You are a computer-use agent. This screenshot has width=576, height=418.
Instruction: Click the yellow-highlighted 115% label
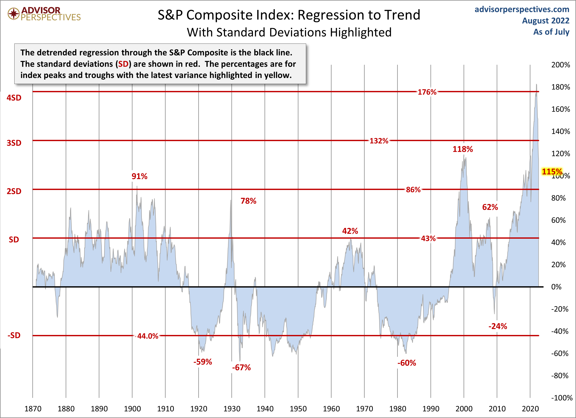click(552, 172)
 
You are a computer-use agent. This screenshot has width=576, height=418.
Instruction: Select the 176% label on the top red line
click(427, 92)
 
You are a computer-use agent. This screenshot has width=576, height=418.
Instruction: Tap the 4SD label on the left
click(14, 98)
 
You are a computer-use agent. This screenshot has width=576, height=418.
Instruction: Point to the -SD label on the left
click(14, 335)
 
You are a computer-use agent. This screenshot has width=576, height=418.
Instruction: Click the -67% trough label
click(241, 367)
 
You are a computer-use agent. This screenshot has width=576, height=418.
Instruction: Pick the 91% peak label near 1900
click(139, 176)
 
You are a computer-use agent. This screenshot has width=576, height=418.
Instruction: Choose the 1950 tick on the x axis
click(298, 409)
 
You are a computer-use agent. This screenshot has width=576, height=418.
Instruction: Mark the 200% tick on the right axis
click(561, 65)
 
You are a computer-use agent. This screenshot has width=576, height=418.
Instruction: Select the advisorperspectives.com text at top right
click(522, 9)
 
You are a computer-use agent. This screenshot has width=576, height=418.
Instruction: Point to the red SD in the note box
click(123, 64)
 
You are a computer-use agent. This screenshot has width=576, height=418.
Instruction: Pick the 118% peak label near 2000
click(462, 149)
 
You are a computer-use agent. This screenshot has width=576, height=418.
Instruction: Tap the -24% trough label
click(497, 326)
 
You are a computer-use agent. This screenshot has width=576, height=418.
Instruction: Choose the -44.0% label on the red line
click(148, 336)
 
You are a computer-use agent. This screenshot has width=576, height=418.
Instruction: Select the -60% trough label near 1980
click(407, 363)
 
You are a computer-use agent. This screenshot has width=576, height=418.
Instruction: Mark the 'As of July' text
click(551, 32)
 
